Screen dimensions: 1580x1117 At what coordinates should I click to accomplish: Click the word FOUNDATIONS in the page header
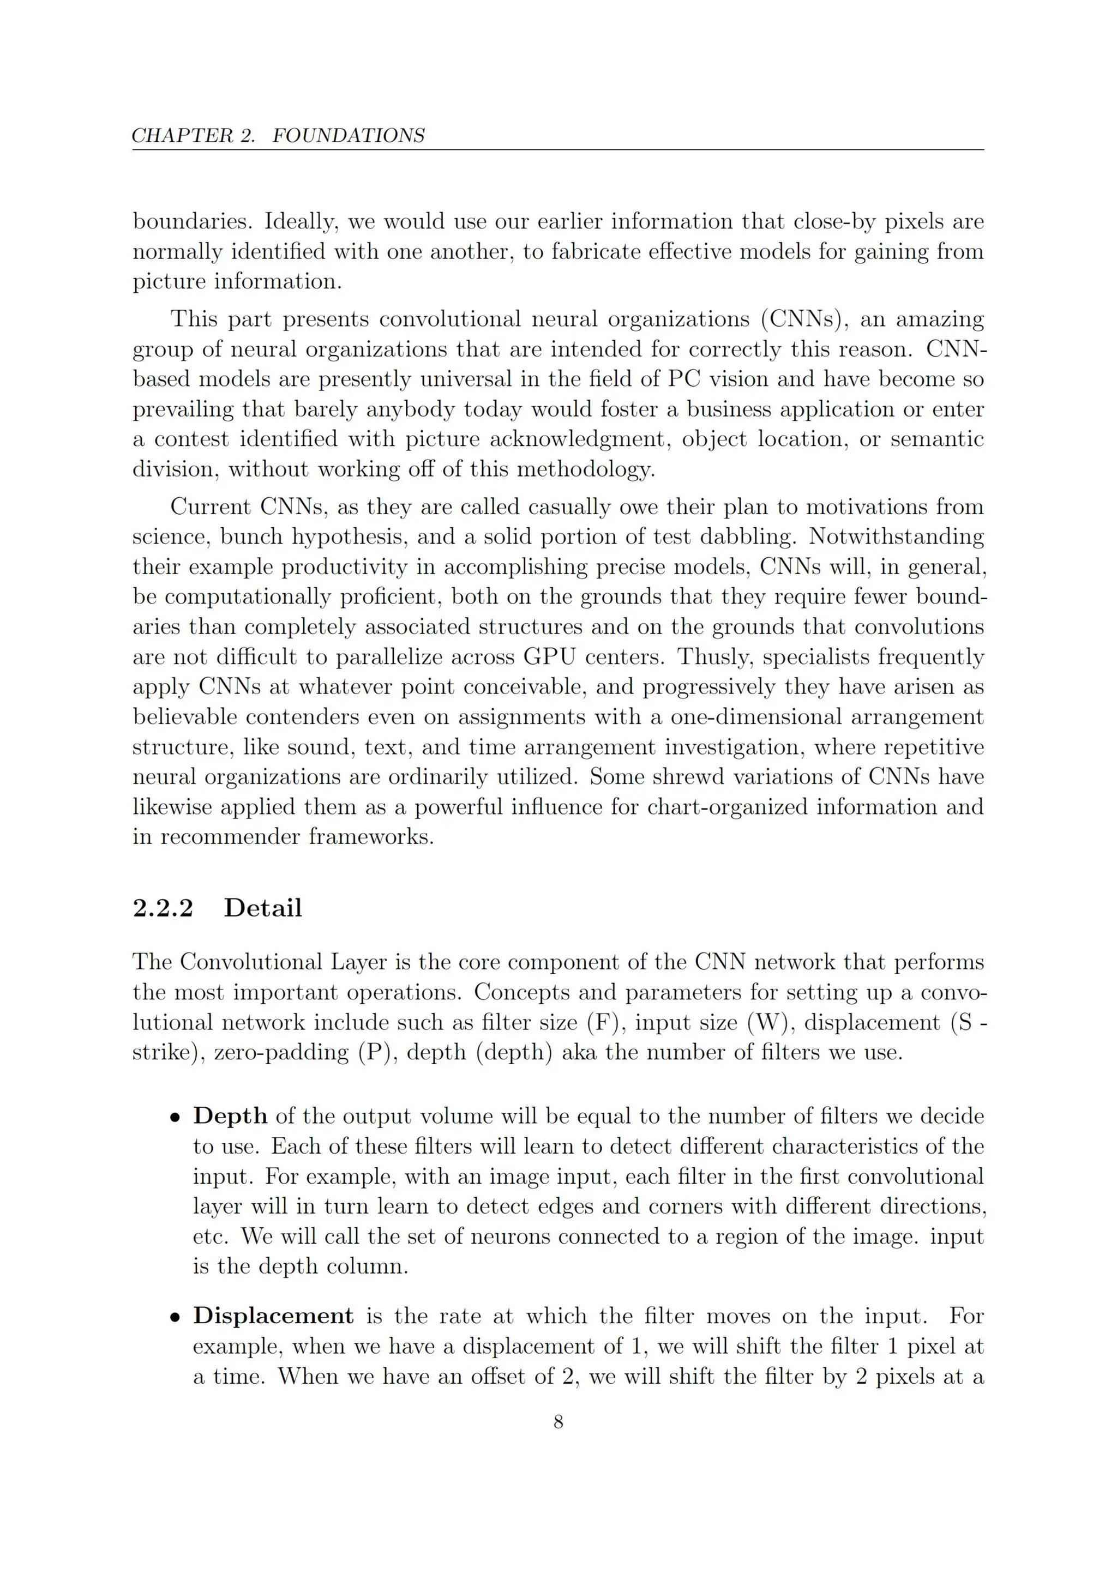coord(349,136)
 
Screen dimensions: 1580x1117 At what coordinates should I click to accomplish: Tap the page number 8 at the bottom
coord(558,1422)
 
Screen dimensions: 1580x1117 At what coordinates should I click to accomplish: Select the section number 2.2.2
coord(163,908)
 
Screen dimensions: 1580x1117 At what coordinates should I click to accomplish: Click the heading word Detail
coord(263,908)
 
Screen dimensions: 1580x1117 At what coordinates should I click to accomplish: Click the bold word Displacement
coord(273,1316)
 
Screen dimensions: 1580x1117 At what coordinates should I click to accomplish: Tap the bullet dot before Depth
coord(176,1118)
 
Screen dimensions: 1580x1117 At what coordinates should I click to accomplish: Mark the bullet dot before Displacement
coord(176,1317)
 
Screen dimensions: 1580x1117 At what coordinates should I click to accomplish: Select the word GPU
coord(549,656)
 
